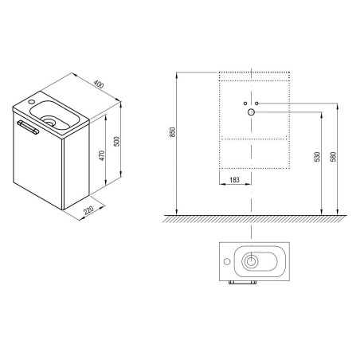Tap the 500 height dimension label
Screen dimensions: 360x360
click(x=116, y=141)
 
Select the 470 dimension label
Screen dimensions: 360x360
click(x=102, y=155)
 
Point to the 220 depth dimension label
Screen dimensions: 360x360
click(x=88, y=210)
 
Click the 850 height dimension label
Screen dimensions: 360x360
click(x=173, y=132)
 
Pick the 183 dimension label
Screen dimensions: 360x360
click(x=234, y=180)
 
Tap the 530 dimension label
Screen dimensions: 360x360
click(x=317, y=157)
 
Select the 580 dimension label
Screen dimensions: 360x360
click(x=334, y=157)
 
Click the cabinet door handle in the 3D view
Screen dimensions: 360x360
click(x=28, y=127)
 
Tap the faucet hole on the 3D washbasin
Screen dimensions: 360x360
click(x=31, y=101)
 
